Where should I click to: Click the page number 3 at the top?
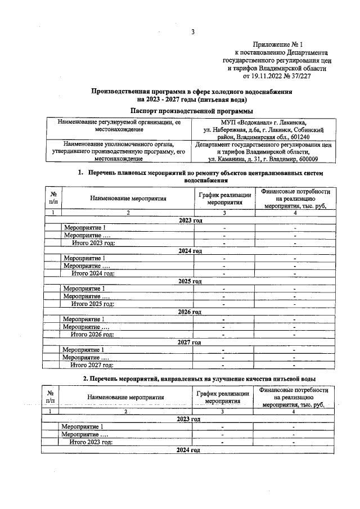click(192, 32)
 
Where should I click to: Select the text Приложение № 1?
click(279, 44)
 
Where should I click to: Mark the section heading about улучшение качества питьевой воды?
click(199, 379)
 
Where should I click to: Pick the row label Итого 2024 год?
click(92, 273)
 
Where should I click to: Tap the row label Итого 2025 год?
click(92, 304)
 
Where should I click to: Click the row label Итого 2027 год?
click(91, 364)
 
